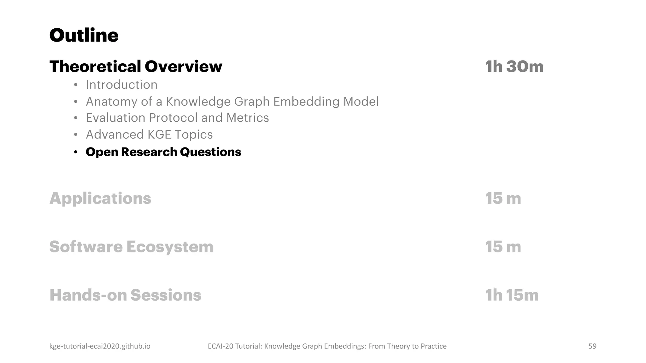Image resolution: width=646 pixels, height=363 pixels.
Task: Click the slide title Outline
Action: pyautogui.click(x=84, y=35)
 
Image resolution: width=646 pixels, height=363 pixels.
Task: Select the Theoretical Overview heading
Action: pyautogui.click(x=136, y=66)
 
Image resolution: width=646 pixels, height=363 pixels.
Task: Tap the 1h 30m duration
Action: pyautogui.click(x=514, y=66)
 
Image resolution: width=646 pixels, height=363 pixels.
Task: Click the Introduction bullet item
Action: pyautogui.click(x=121, y=85)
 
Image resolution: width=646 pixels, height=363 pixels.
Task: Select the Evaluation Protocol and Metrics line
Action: pyautogui.click(x=177, y=118)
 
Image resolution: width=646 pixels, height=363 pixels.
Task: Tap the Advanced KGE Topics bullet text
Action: pyautogui.click(x=149, y=135)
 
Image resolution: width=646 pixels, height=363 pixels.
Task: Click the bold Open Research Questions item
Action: pyautogui.click(x=163, y=152)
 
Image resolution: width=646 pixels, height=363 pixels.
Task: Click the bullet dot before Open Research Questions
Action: pyautogui.click(x=75, y=153)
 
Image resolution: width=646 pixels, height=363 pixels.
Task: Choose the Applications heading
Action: pyautogui.click(x=100, y=199)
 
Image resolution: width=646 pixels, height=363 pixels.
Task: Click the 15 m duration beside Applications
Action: pyautogui.click(x=503, y=199)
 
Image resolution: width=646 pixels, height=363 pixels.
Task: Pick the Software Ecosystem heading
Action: pyautogui.click(x=131, y=247)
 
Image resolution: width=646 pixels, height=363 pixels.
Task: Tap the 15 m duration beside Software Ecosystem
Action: pyautogui.click(x=503, y=247)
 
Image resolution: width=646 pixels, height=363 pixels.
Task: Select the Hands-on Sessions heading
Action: pyautogui.click(x=125, y=295)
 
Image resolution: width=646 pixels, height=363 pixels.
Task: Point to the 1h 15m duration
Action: pyautogui.click(x=512, y=295)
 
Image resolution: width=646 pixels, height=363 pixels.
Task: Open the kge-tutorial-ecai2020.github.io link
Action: pyautogui.click(x=100, y=346)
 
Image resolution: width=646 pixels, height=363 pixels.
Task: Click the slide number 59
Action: pyautogui.click(x=592, y=346)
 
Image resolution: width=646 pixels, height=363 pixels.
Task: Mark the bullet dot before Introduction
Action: pyautogui.click(x=75, y=85)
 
